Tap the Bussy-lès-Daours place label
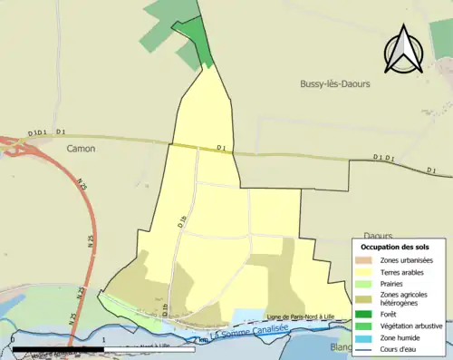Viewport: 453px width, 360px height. [336, 83]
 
